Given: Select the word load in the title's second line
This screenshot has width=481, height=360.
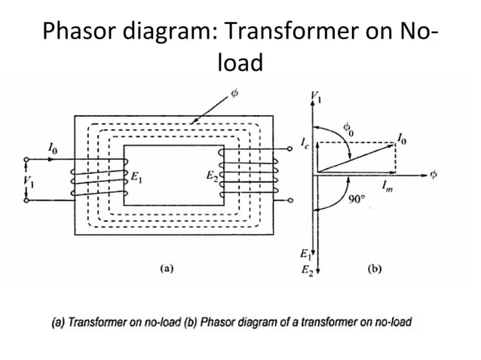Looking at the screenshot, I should point(240,63).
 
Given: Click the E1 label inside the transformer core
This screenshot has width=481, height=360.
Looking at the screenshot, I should point(136,178).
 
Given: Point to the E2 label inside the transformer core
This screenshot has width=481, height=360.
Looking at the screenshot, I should point(212,178).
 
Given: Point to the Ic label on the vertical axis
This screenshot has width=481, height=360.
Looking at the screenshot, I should point(303,142).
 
